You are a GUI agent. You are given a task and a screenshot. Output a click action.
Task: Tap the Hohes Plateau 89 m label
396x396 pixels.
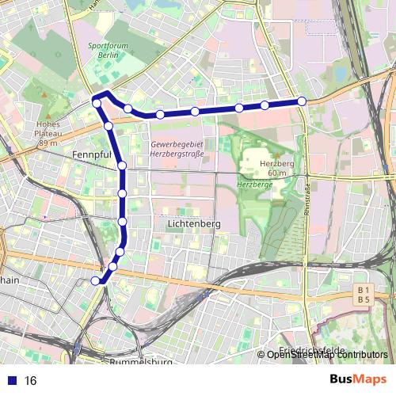coord(48,133)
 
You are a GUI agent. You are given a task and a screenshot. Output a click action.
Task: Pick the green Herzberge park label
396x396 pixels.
coord(254,184)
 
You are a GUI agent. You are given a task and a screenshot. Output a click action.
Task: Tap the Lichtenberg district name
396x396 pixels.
coord(193,225)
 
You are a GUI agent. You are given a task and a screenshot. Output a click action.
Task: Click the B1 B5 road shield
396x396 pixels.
coord(364,295)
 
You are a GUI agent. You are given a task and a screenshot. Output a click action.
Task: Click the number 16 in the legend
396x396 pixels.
coord(31,381)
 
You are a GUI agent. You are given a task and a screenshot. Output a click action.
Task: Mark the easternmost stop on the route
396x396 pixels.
coord(302,101)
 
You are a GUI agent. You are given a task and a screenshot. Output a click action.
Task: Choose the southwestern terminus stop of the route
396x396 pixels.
coord(96,280)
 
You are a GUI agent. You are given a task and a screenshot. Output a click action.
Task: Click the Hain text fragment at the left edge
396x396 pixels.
coord(10,280)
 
